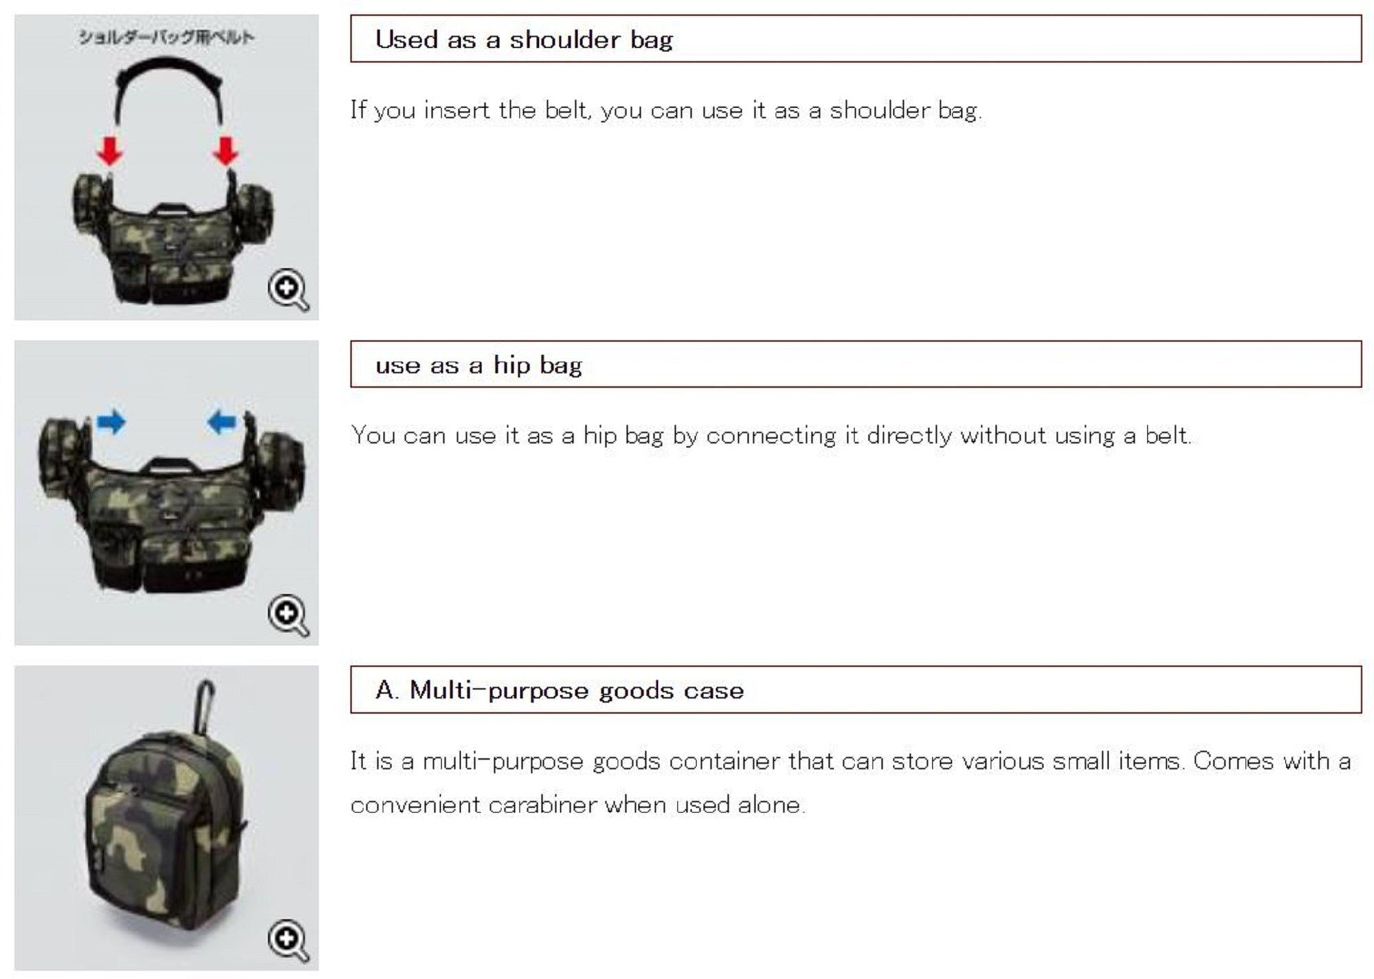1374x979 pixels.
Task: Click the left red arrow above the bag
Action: tap(110, 151)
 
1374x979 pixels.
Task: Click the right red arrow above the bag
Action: tap(225, 151)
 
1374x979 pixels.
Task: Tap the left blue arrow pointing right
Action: tap(111, 421)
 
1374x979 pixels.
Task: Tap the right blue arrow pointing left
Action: tap(221, 421)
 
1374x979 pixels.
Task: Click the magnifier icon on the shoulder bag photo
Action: tap(288, 289)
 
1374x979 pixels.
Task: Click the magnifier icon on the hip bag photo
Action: tap(288, 615)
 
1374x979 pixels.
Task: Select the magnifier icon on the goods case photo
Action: tap(288, 940)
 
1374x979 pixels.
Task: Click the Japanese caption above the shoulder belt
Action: tap(166, 37)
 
